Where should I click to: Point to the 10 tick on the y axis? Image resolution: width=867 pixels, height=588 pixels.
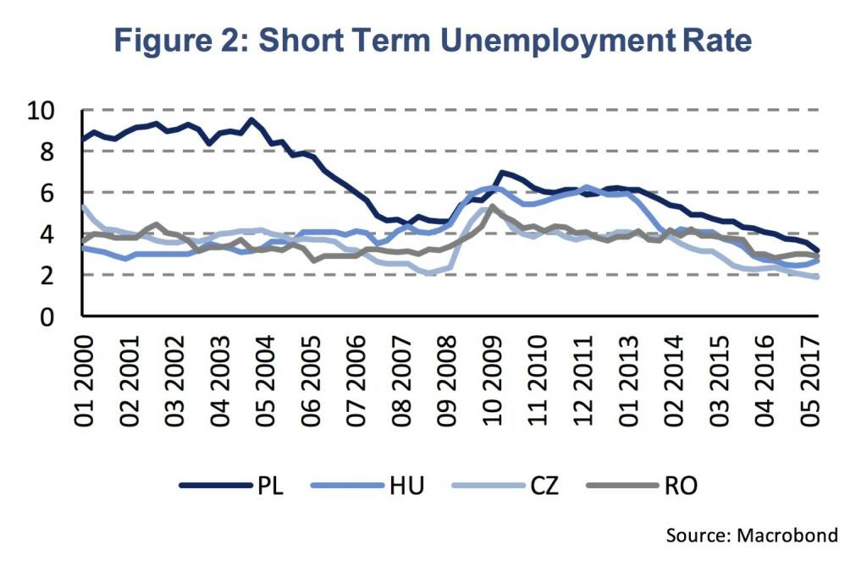pyautogui.click(x=42, y=111)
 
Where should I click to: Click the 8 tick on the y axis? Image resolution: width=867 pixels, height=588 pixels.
pyautogui.click(x=49, y=152)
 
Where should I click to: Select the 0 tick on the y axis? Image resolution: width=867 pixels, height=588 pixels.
pyautogui.click(x=49, y=317)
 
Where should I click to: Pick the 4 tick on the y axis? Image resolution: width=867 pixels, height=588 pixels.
pyautogui.click(x=49, y=234)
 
